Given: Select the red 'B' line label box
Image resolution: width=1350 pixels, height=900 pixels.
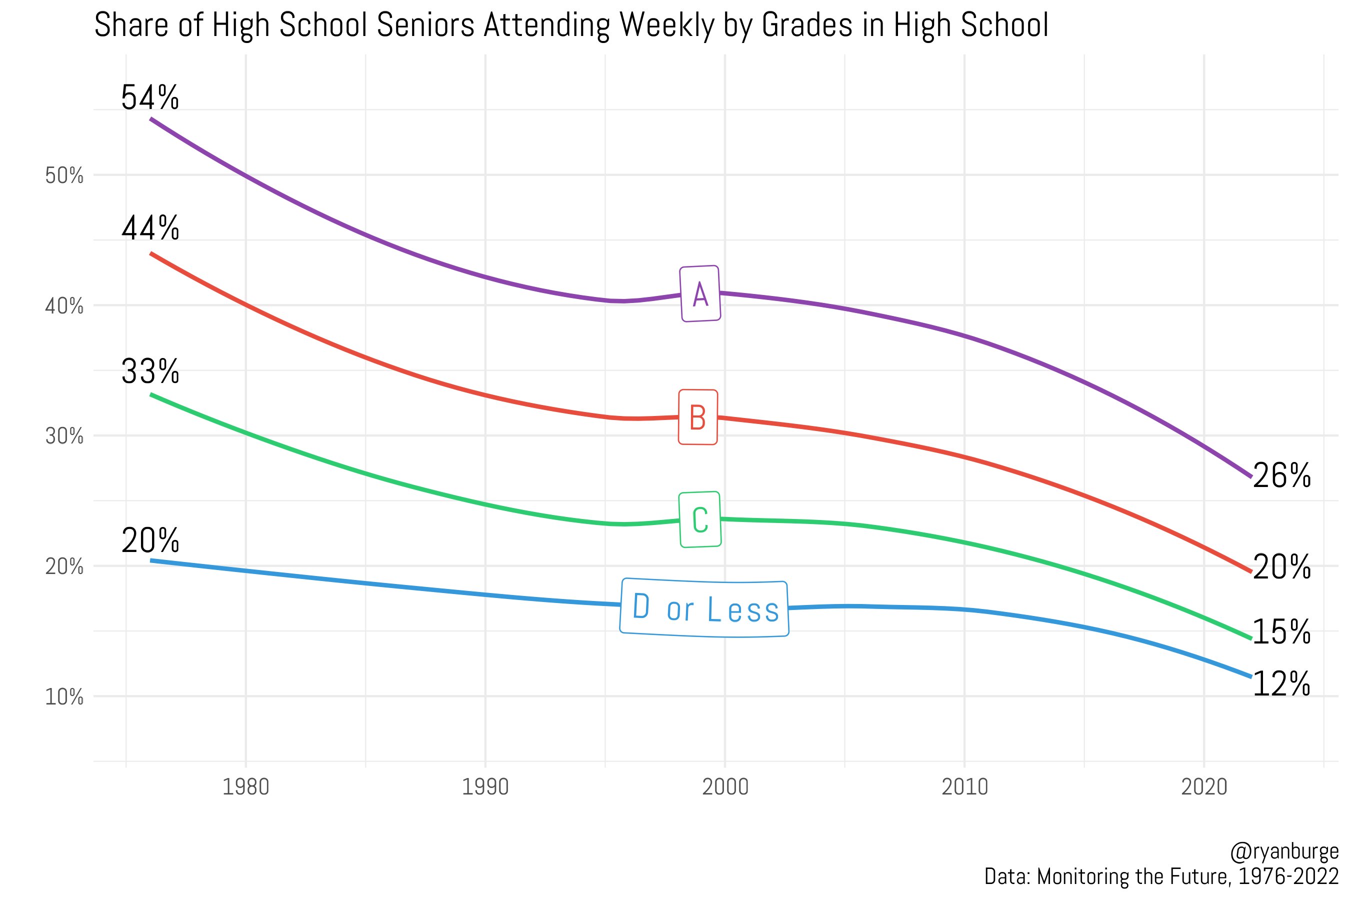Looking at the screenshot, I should (698, 417).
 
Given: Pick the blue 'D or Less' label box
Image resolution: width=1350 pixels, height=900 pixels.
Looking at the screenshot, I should (704, 608).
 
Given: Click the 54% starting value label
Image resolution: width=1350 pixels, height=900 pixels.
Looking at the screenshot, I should (150, 97).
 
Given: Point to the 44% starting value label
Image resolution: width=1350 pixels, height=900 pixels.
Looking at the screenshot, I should (150, 228).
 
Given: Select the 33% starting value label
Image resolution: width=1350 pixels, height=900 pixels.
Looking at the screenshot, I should (150, 371).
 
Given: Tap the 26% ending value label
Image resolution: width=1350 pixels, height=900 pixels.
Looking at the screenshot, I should (1281, 476).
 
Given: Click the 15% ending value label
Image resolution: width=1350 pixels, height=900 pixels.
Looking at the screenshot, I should (1281, 632).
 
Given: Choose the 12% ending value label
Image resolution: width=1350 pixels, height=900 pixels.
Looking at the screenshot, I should (1281, 684).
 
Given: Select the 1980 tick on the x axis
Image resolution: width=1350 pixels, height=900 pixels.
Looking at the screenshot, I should (245, 787).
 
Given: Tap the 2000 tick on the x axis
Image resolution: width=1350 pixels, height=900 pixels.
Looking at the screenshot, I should (725, 787).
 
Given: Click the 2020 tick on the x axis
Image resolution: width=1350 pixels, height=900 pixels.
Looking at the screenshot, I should (1203, 787).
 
